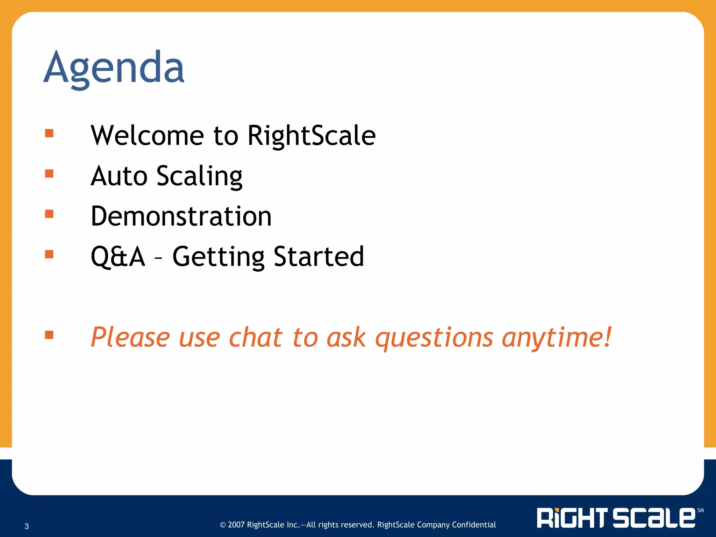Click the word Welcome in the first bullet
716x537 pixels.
147,135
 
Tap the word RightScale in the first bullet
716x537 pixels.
311,135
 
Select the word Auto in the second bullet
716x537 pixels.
119,176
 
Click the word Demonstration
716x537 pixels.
181,216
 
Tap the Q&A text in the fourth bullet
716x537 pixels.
118,257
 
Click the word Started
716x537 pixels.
318,257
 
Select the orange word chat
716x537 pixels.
255,337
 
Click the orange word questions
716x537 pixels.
434,338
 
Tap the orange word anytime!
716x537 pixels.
557,338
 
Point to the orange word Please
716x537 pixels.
130,337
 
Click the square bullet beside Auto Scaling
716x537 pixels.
49,173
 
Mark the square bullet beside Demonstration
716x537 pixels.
49,214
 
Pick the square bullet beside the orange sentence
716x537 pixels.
49,335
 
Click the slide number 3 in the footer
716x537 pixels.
27,526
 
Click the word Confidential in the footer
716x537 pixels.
474,525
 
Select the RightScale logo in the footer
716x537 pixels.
616,518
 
